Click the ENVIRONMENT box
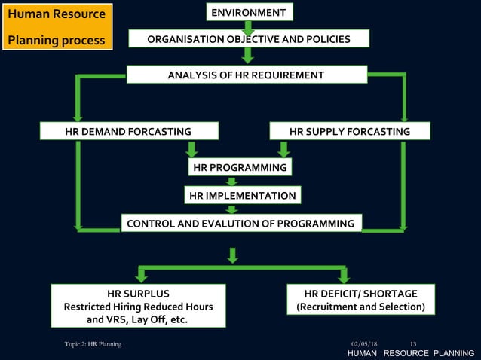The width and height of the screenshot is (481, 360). click(x=249, y=12)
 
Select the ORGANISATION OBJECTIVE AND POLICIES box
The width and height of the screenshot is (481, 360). click(x=249, y=39)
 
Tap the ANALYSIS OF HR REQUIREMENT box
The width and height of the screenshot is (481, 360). click(x=246, y=75)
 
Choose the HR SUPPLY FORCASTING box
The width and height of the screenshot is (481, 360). click(x=350, y=132)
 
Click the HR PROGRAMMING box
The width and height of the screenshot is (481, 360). click(x=240, y=167)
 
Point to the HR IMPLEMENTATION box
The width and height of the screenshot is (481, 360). click(x=242, y=196)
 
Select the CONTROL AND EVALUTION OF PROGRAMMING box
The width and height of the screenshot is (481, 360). click(x=240, y=224)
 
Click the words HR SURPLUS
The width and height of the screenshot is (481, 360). click(x=138, y=293)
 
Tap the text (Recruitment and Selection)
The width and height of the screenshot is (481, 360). click(x=361, y=307)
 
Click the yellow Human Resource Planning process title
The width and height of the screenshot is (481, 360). click(x=57, y=27)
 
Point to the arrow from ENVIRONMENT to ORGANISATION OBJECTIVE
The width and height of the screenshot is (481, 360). click(x=248, y=26)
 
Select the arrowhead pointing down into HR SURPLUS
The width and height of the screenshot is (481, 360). click(x=140, y=277)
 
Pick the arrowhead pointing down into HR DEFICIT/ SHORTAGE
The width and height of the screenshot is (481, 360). click(x=343, y=277)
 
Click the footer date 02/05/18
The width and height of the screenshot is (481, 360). click(x=364, y=344)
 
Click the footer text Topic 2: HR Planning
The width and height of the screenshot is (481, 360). click(x=92, y=344)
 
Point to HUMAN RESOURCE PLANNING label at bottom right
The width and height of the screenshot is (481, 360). click(x=410, y=354)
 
